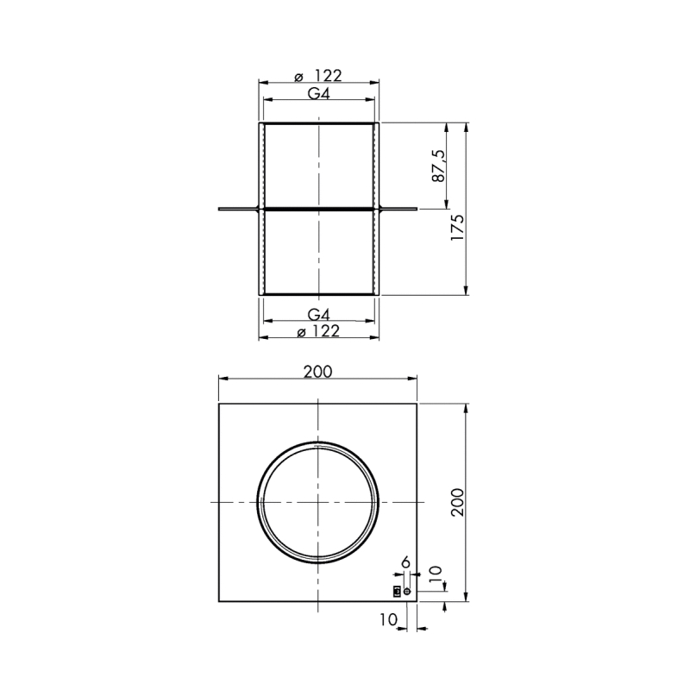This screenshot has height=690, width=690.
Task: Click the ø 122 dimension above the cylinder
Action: (x=317, y=76)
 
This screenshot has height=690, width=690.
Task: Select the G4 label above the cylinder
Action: (x=318, y=94)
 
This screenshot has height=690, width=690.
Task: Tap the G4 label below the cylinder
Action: (x=318, y=315)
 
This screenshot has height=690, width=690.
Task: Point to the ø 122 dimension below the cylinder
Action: (x=318, y=331)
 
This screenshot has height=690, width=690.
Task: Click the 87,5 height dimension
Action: (x=439, y=166)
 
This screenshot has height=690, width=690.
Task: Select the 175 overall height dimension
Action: (x=458, y=227)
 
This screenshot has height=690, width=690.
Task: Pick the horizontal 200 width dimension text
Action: (x=317, y=372)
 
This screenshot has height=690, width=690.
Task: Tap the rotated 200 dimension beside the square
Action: (x=458, y=502)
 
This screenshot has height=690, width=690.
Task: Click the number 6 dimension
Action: (x=405, y=562)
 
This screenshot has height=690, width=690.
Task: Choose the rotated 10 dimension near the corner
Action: (x=435, y=575)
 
